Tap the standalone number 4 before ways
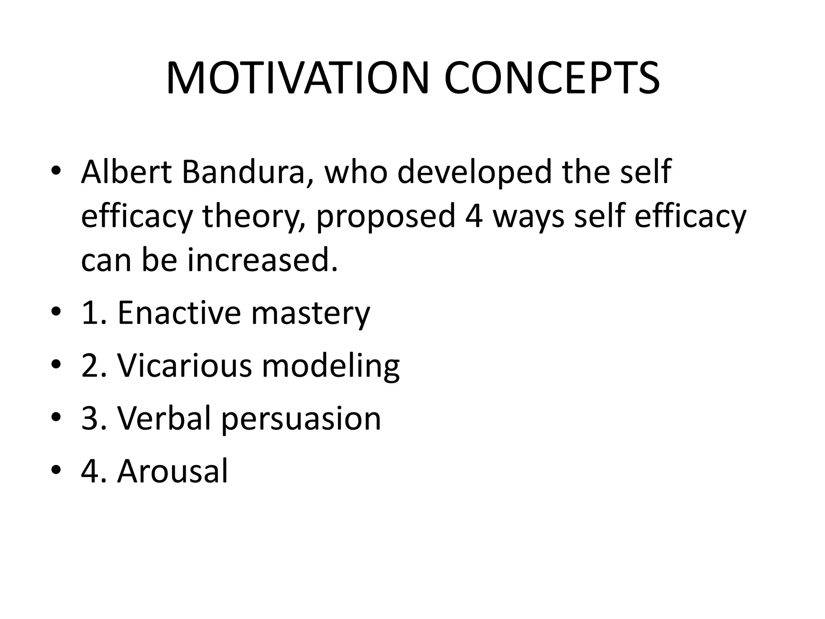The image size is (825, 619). pyautogui.click(x=474, y=216)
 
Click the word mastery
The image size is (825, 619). pyautogui.click(x=310, y=314)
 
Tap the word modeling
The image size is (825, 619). pyautogui.click(x=331, y=367)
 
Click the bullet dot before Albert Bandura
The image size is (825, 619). pyautogui.click(x=56, y=171)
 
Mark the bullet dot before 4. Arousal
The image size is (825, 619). pyautogui.click(x=56, y=470)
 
